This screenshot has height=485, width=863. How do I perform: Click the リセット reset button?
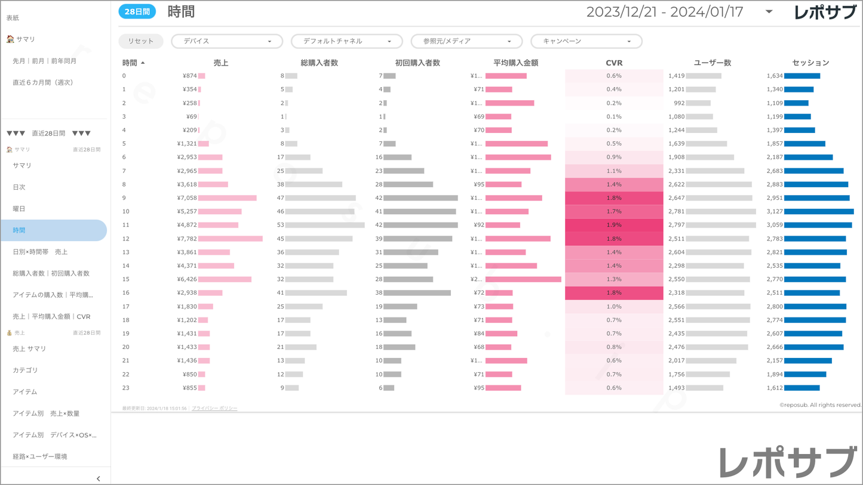coord(140,41)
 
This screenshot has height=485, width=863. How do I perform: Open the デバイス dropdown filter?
coord(226,41)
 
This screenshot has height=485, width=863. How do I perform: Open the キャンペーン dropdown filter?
coord(586,41)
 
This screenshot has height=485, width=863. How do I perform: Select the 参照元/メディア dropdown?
coord(466,41)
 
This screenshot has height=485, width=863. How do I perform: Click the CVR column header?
coord(614,63)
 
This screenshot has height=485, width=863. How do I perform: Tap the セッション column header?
coord(810,63)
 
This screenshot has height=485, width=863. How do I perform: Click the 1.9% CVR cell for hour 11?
coord(614,225)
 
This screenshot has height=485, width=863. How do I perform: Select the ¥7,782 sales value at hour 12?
coord(187,239)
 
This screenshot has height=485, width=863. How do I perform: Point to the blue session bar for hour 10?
coord(819,211)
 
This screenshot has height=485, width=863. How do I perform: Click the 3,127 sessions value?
coord(775,211)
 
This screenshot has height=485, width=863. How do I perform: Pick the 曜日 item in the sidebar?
coord(19,209)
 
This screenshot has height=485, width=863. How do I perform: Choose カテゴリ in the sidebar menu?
coord(25,370)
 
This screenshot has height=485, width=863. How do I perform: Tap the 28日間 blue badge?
coord(137,12)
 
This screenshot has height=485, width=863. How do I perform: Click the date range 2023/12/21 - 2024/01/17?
coord(664,12)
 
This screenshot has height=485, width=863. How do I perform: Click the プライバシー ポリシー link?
coord(214,409)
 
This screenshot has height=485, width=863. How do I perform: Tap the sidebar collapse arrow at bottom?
coord(99,478)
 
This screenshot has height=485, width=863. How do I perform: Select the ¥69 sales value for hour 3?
coord(191,116)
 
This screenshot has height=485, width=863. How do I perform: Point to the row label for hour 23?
coord(126,388)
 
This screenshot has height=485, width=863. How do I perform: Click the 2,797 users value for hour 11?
coord(677,225)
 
